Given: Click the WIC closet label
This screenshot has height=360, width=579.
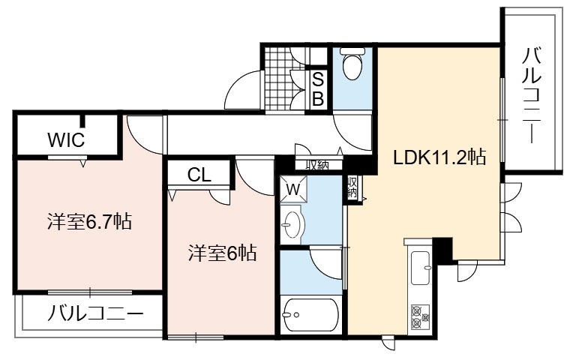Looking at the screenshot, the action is point(66,139).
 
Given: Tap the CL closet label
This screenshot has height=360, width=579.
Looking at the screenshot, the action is point(199,175).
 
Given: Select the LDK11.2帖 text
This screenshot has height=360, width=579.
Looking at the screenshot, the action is point(439,157).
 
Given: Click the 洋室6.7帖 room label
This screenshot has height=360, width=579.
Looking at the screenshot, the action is point(89,221).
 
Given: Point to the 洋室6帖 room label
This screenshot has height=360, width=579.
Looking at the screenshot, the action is point(222,253).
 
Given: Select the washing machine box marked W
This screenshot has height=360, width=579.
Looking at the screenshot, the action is point(293,190).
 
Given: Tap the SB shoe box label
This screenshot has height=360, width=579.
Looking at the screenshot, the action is point(318,89).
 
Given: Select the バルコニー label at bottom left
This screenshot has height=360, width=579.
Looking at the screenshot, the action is point(95,313).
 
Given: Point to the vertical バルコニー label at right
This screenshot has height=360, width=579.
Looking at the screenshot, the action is point(532,96).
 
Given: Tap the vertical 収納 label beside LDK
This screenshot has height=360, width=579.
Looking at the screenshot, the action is point(352,188).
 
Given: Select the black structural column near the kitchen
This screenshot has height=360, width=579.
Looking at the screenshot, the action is point(442,250).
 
